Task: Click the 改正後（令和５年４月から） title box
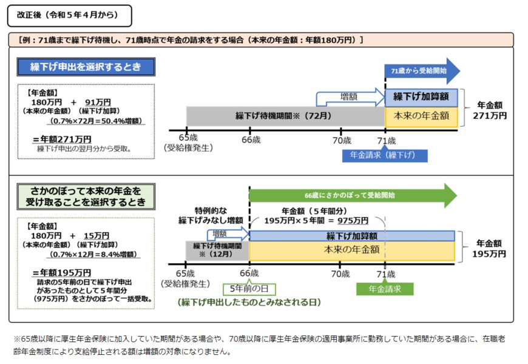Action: click(69, 15)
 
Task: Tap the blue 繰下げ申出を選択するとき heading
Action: click(86, 67)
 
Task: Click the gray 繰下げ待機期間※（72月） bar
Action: click(285, 115)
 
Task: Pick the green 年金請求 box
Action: click(385, 289)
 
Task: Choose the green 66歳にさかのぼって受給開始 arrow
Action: click(352, 195)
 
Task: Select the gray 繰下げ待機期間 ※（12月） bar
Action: click(217, 250)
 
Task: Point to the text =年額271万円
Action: click(63, 139)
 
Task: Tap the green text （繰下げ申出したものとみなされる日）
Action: click(249, 302)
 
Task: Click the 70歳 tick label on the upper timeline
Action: click(341, 140)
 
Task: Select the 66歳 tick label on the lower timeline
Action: click(249, 274)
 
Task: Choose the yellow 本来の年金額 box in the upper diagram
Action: click(421, 115)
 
